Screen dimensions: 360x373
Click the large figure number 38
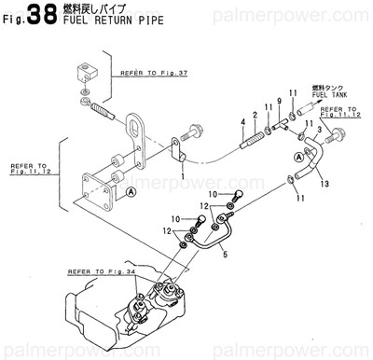point(41,15)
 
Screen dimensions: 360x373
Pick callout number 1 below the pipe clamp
point(183,174)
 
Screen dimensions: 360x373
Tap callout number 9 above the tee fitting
point(278,101)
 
